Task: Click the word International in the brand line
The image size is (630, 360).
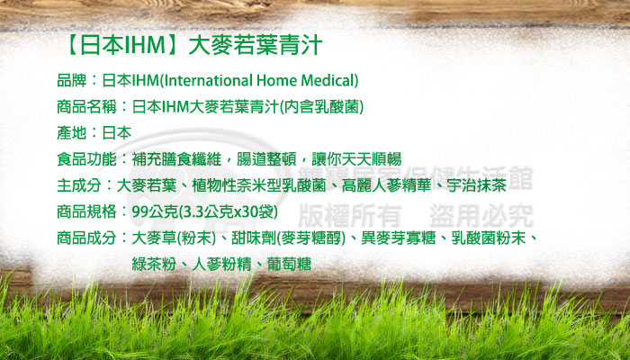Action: (207, 80)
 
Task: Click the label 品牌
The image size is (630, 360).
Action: (72, 80)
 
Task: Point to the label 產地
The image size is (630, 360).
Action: (72, 133)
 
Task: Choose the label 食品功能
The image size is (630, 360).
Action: (86, 159)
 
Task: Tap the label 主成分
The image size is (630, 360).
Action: (79, 185)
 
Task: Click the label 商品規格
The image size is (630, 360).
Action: (86, 211)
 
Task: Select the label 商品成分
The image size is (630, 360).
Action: (86, 238)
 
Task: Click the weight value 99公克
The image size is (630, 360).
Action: (155, 211)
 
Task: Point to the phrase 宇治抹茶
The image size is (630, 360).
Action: (476, 185)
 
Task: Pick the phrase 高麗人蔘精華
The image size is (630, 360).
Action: (386, 185)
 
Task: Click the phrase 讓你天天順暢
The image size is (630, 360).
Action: (356, 159)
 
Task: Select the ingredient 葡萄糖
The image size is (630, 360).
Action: (289, 265)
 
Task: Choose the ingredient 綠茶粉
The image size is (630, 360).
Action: (154, 265)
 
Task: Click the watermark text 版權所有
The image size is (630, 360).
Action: (350, 215)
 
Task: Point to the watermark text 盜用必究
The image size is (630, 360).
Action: (481, 215)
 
